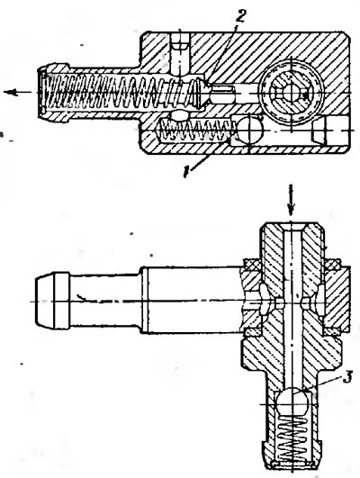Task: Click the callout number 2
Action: (240, 15)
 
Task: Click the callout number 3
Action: (346, 377)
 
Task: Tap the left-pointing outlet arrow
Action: (17, 92)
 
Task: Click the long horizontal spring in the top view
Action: (119, 91)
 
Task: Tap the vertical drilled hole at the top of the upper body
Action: (179, 52)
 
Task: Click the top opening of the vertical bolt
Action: (291, 227)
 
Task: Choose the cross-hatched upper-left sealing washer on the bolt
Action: (252, 264)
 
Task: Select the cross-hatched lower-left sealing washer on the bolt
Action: (252, 331)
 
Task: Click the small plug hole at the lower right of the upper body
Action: (319, 131)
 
